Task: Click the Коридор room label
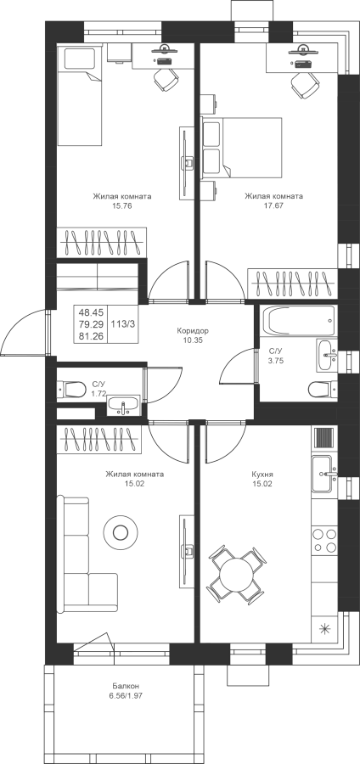point(193,331)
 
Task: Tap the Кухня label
point(262,474)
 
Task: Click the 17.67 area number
point(273,205)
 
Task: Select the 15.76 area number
point(122,205)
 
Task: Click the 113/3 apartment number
point(124,323)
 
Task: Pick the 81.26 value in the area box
point(91,335)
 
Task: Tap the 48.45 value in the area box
point(91,312)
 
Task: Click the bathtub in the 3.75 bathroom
point(299,321)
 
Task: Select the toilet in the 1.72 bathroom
point(71,390)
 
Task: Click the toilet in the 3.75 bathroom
point(323,390)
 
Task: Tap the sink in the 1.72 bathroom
point(124,406)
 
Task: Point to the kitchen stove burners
point(324,540)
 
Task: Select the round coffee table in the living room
point(120,532)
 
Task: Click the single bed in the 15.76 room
point(80,95)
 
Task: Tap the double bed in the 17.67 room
point(242,148)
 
